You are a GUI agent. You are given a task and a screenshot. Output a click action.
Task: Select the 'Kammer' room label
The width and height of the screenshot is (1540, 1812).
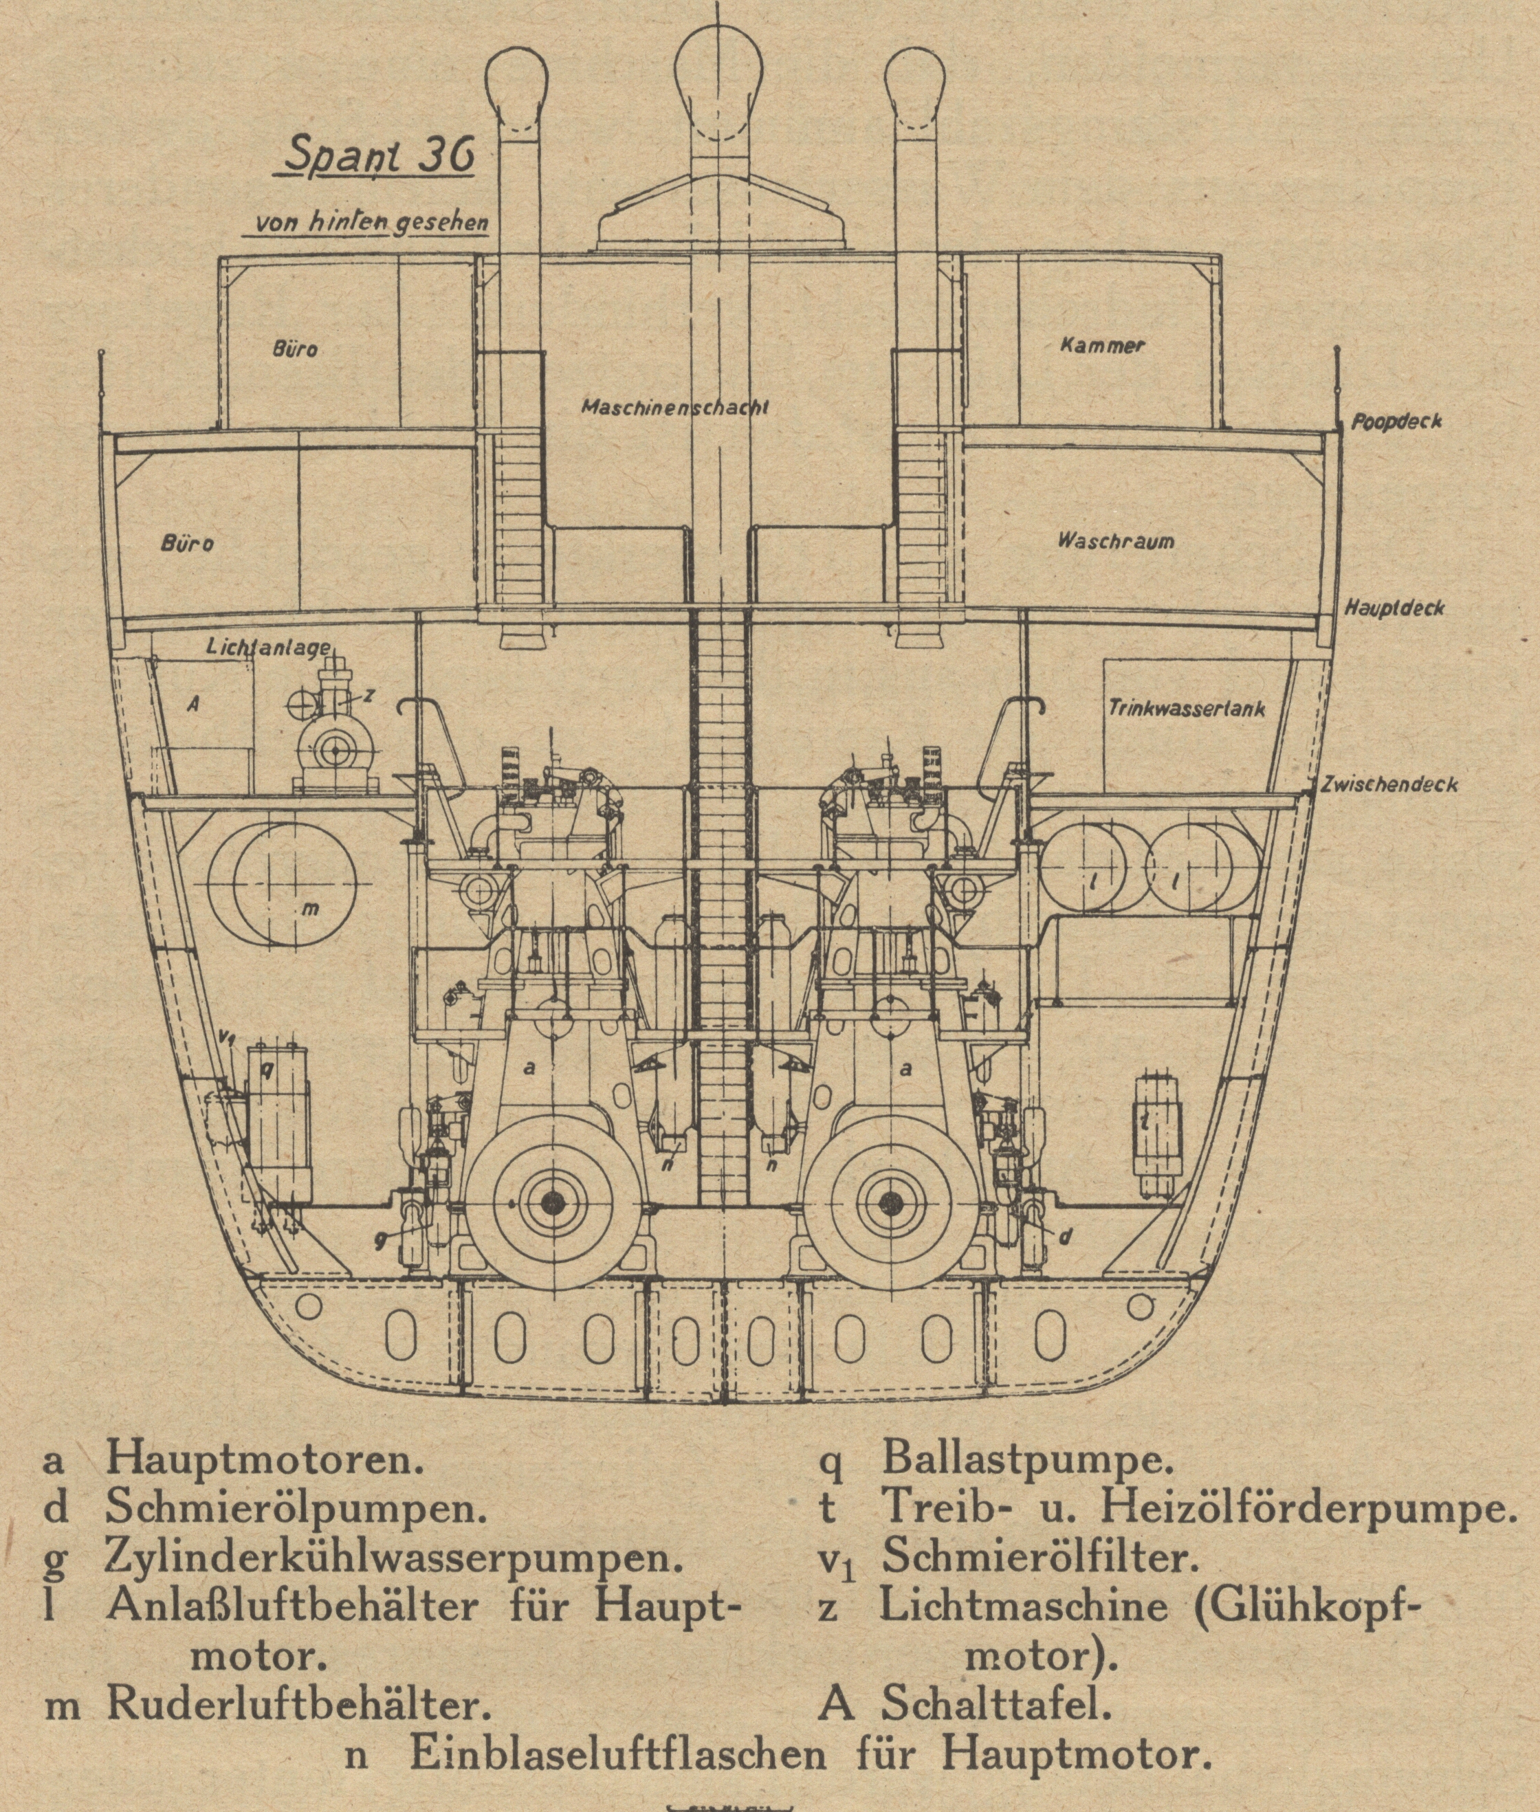[1102, 345]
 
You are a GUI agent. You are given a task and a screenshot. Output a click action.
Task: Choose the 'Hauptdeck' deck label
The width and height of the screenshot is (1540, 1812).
[1394, 608]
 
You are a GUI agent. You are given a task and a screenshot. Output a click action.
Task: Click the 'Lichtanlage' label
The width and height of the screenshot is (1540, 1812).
[269, 648]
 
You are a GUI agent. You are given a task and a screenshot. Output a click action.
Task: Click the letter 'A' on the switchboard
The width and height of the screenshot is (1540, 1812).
[193, 703]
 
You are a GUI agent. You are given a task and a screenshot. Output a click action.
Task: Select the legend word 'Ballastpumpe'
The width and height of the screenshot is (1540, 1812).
[1023, 1457]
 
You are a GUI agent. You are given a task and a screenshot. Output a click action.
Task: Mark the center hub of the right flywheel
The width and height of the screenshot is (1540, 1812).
[890, 1204]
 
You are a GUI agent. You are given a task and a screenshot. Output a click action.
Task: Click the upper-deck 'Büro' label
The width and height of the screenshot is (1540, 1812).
[295, 350]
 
